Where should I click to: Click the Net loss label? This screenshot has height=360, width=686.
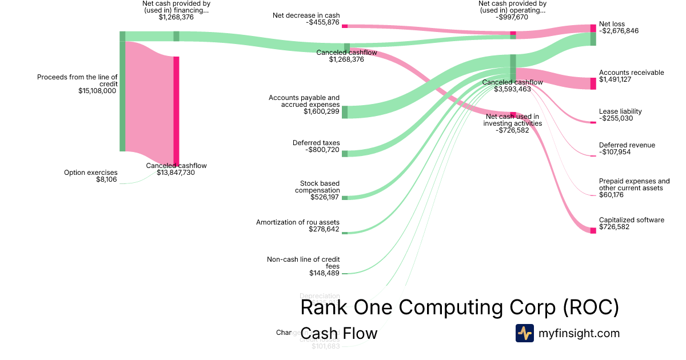[x=612, y=24]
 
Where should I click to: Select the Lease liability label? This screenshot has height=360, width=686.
[x=620, y=111]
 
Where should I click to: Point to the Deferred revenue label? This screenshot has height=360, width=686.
[x=627, y=145]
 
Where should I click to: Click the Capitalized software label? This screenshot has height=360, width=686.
[x=631, y=220]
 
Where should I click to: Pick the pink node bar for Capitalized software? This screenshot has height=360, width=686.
[x=593, y=230]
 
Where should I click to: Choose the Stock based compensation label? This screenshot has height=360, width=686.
[x=317, y=187]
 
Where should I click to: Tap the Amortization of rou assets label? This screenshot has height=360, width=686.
[x=297, y=222]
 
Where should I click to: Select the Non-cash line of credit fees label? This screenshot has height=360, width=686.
[x=303, y=262]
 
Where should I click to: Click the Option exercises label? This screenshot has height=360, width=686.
[x=90, y=173]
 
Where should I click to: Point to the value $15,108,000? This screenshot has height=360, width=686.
[x=97, y=90]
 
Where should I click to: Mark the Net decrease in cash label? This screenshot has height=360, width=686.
[x=306, y=15]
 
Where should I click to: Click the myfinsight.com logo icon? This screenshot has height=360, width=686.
[x=524, y=333]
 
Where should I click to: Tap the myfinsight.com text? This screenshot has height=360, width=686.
[x=579, y=333]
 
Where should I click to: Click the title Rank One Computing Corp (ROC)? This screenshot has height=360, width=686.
[x=459, y=307]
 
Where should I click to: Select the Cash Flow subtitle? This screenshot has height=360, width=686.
[x=338, y=333]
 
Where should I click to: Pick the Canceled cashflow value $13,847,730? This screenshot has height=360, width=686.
[x=176, y=173]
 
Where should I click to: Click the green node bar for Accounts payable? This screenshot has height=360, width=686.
[x=345, y=111]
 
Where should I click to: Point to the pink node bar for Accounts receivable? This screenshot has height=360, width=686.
[x=593, y=83]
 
